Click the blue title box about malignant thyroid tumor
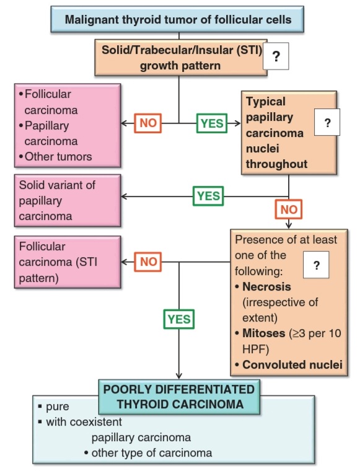coord(177,19)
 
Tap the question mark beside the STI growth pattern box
coord(276,56)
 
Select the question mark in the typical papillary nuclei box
coord(327,122)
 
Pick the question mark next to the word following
coord(316,265)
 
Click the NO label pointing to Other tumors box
coord(148,123)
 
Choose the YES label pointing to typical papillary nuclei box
coord(212,123)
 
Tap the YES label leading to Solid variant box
coord(208,196)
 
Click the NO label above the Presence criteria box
coord(289,209)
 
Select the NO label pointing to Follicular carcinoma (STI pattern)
coord(148,262)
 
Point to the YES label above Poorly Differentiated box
coord(179,319)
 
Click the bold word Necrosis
coord(266,287)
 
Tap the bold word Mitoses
coord(263,333)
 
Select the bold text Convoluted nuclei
coord(292,364)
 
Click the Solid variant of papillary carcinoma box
coord(68,200)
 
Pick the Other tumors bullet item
coord(55,157)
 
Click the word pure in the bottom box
coord(58,406)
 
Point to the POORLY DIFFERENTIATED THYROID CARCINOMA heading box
coord(179,397)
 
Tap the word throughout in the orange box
coord(276,164)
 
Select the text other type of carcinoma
coord(152,453)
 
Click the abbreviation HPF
coord(255,349)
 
